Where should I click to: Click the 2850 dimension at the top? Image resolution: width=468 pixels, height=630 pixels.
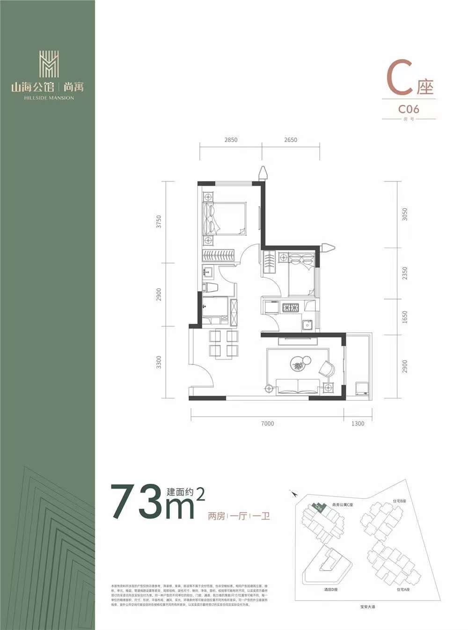[231, 139]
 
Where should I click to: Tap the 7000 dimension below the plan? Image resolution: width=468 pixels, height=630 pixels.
[267, 424]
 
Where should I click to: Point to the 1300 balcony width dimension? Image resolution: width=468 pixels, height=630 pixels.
[358, 424]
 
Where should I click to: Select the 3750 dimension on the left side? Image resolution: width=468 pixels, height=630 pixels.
[159, 221]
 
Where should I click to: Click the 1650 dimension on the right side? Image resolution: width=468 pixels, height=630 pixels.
[405, 317]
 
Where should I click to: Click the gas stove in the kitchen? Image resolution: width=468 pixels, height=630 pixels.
[290, 308]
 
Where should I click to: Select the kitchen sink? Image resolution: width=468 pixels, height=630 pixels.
[307, 324]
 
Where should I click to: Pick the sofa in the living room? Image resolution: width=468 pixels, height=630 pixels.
[298, 386]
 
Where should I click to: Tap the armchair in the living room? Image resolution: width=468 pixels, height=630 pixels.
[327, 368]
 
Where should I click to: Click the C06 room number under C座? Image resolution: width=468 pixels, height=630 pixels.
[409, 109]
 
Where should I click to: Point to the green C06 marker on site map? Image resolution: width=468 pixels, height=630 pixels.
[318, 508]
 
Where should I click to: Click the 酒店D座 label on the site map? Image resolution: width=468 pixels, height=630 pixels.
[331, 590]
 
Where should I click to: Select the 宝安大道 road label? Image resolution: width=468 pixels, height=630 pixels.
[367, 607]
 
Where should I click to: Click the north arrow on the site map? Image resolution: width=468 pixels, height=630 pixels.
[294, 493]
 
